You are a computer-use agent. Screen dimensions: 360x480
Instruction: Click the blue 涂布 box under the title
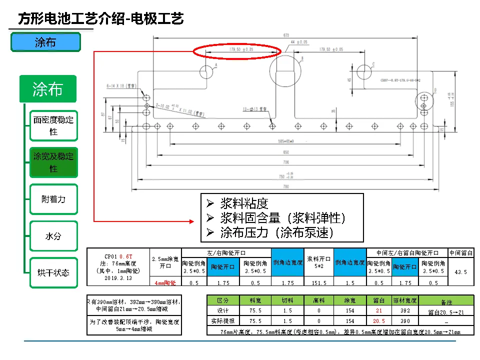point(45,42)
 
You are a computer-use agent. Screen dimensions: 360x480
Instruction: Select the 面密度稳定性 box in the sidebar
point(53,125)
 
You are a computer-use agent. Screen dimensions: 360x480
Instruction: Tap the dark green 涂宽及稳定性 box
point(53,162)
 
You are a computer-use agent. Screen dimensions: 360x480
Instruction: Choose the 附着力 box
point(53,199)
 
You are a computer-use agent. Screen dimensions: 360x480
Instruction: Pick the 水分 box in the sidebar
point(53,236)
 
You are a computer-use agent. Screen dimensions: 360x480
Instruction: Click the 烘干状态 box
point(53,273)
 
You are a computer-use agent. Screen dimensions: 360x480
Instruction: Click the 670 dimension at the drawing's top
point(286,35)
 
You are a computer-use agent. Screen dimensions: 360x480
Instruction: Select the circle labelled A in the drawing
point(206,71)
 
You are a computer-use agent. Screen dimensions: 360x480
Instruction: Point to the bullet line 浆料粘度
point(244,203)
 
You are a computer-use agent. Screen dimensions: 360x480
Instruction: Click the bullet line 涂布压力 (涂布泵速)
point(276,232)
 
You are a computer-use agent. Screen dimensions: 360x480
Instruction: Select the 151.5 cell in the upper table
point(318,282)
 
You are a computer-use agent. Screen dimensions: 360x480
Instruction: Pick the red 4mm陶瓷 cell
point(165,282)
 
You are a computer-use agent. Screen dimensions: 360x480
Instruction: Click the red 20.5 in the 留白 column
point(379,321)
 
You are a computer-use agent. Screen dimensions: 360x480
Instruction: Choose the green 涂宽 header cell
point(350,301)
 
